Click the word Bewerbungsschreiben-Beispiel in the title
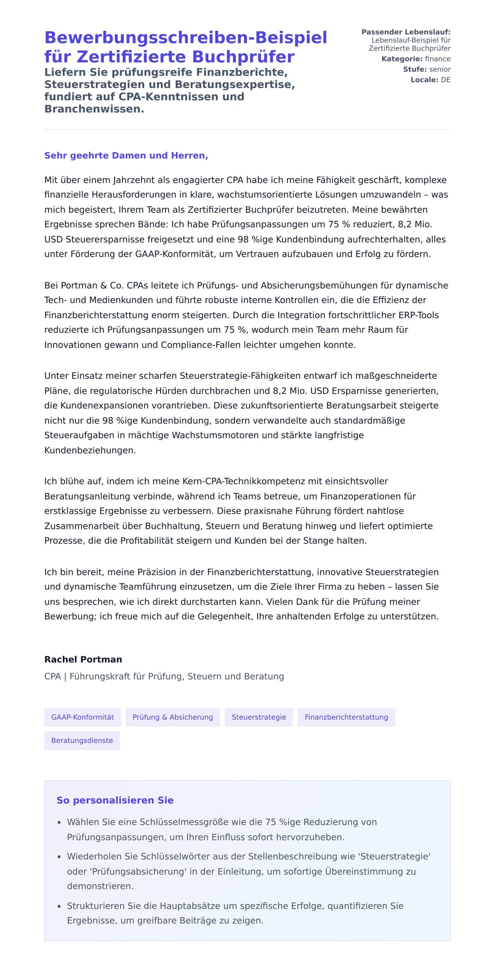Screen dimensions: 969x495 coord(186,38)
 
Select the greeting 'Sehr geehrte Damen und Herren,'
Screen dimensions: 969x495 coord(126,156)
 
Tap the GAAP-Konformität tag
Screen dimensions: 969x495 coord(82,717)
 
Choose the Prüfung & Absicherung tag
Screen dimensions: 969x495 coord(172,717)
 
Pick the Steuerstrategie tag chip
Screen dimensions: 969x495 coord(259,717)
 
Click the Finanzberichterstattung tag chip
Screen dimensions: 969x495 coord(346,717)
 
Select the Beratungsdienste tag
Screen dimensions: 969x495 coord(82,740)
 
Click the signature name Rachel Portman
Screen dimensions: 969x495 coord(83,659)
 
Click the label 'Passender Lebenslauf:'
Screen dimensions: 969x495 coord(405,32)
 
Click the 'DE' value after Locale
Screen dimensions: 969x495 coord(445,80)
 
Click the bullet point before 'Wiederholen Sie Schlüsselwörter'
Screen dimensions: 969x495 coord(59,857)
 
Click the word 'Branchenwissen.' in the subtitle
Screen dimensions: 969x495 coord(94,109)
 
